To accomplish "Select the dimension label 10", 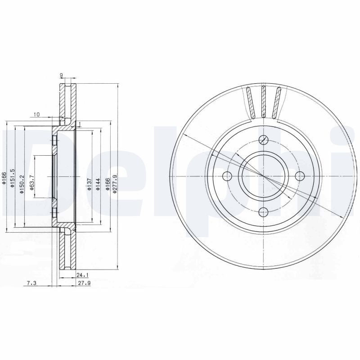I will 37,115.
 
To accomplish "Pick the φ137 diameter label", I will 89,184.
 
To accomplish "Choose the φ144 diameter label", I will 97,184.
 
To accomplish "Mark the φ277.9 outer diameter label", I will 115,184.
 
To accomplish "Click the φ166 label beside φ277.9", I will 108,184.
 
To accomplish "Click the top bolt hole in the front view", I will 264,140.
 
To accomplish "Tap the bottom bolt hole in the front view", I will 264,211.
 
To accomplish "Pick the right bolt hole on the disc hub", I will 299,176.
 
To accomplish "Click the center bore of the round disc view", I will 264,176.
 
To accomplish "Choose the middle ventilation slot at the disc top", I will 264,102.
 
